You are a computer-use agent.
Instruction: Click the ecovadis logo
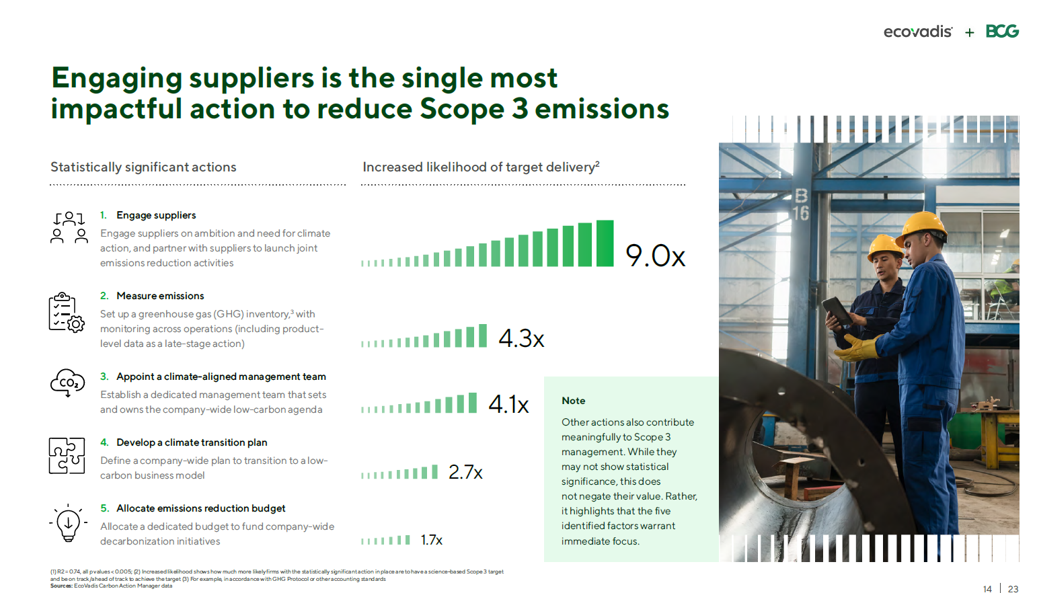(918, 32)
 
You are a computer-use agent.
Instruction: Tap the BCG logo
(1002, 31)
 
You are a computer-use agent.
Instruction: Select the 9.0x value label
(655, 255)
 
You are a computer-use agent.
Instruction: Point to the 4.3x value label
(521, 338)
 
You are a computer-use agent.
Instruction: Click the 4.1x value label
(508, 404)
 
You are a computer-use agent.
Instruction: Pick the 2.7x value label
(465, 472)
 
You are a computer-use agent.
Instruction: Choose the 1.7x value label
(432, 540)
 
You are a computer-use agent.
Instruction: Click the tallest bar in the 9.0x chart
(605, 243)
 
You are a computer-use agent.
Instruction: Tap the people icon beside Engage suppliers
(69, 228)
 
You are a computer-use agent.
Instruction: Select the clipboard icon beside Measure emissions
(67, 313)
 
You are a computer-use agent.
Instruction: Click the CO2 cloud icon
(68, 383)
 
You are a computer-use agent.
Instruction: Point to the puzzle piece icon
(67, 456)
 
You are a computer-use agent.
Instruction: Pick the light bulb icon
(68, 523)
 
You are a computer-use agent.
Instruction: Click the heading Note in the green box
(573, 401)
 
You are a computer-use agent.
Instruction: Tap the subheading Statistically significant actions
(143, 167)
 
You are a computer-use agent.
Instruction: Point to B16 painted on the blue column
(801, 205)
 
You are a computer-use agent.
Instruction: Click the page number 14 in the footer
(987, 589)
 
